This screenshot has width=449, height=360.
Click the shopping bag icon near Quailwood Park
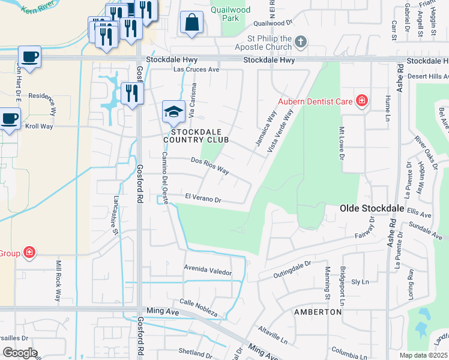(191, 23)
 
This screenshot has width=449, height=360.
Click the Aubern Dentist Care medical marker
(361, 100)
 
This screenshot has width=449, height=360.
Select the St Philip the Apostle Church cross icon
(301, 42)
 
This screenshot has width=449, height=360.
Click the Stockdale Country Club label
(200, 135)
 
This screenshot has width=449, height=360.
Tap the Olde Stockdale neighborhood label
(367, 208)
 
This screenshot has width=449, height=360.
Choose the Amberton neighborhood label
(318, 313)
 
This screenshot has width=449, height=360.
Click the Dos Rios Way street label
(210, 165)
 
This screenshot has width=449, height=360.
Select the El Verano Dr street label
(203, 197)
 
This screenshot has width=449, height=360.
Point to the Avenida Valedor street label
(208, 271)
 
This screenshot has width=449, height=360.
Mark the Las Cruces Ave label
(196, 70)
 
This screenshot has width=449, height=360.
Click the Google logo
(20, 353)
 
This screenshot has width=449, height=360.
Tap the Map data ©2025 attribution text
(423, 355)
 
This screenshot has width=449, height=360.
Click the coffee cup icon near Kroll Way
(10, 118)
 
